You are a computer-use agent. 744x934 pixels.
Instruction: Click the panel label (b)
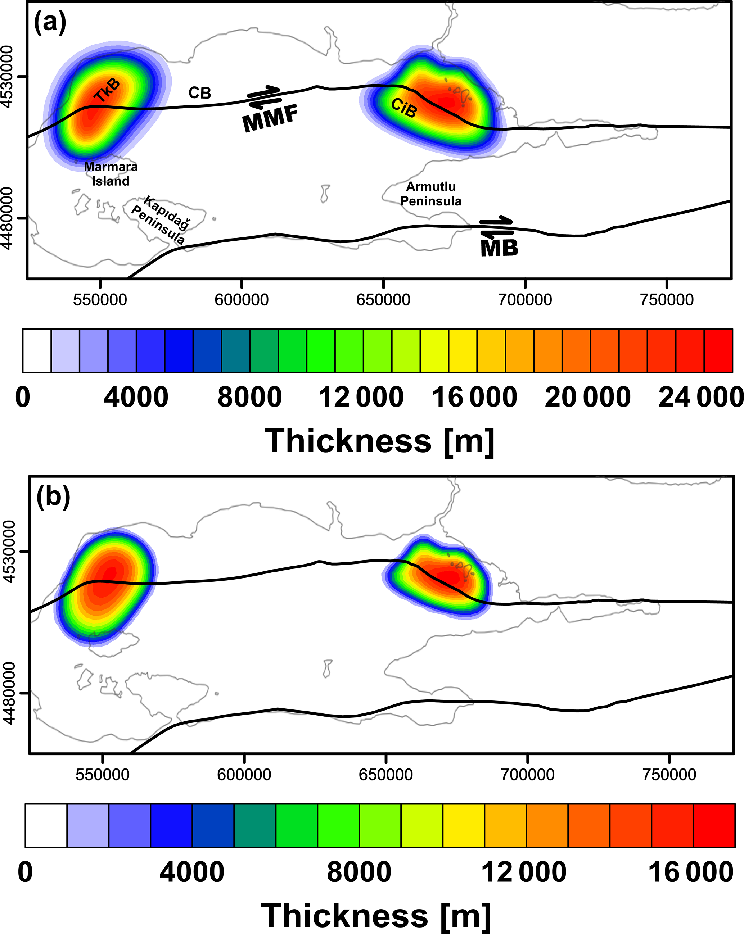click(53, 496)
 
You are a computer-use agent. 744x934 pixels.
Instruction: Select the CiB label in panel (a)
click(404, 108)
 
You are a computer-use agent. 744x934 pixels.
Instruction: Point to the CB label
click(200, 93)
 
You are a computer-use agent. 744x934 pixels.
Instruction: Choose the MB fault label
click(499, 248)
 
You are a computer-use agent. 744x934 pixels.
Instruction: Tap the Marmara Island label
click(111, 174)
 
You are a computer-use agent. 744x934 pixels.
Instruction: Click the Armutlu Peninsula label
click(431, 194)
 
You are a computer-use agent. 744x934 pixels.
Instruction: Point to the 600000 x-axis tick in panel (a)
click(242, 300)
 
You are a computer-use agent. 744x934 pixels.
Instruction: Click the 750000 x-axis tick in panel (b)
click(669, 775)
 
